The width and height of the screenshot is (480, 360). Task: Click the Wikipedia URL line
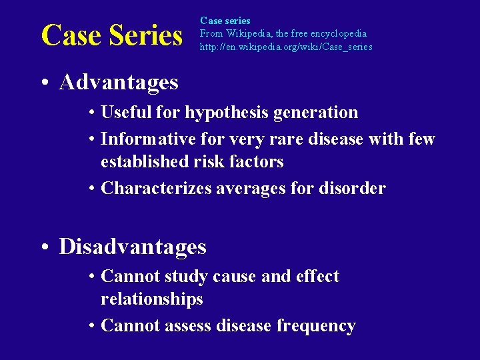(286, 47)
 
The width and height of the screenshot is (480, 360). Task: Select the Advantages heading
(119, 82)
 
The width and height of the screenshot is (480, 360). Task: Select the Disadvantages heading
(133, 247)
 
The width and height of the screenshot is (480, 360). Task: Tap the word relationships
(151, 299)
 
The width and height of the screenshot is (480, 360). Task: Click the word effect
(317, 277)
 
